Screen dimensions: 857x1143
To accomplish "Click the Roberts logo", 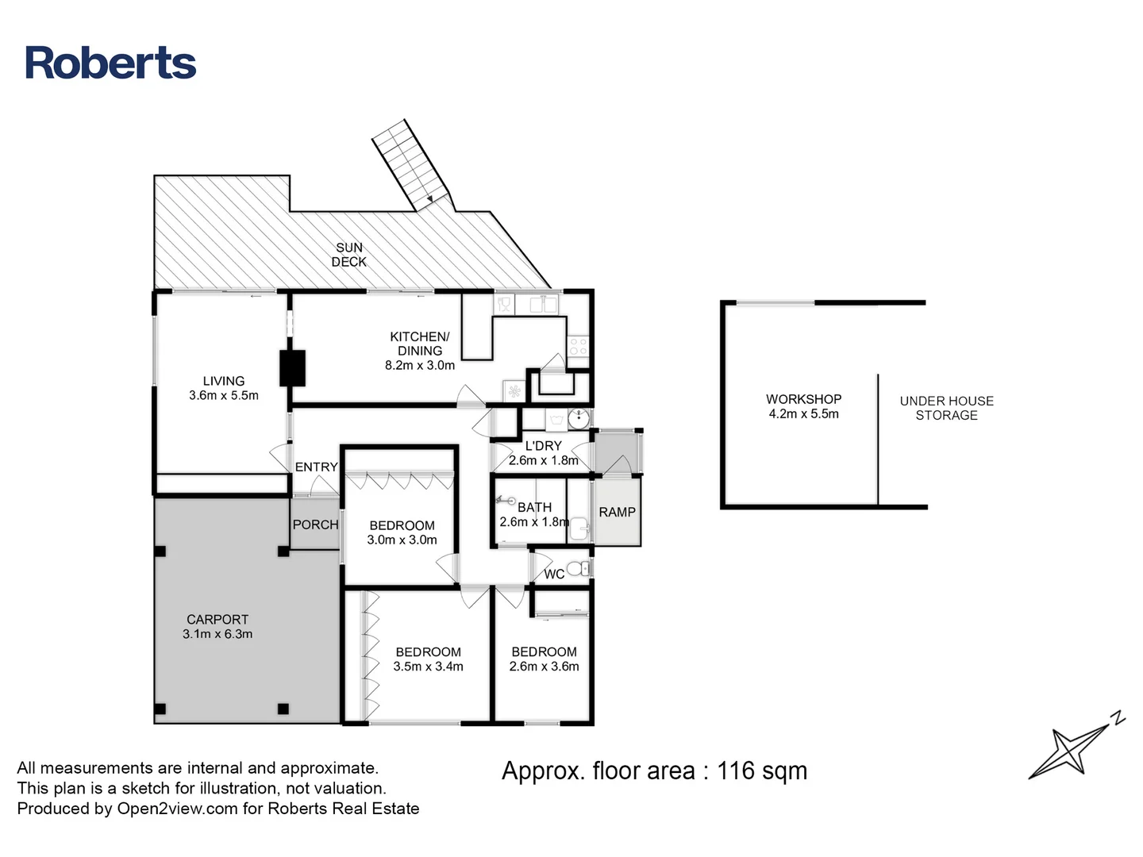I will tap(110, 63).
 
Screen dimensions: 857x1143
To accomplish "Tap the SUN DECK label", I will tap(348, 255).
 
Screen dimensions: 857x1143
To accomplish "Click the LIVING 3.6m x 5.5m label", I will tap(223, 388).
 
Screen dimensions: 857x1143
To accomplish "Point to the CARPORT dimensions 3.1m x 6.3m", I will tap(217, 634).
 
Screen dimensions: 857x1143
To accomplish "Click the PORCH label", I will tap(315, 525).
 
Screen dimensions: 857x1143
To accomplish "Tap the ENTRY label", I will tap(316, 467).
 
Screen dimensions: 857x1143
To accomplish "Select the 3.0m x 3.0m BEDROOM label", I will tap(402, 532).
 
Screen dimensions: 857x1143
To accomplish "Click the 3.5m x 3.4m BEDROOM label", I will tap(428, 659).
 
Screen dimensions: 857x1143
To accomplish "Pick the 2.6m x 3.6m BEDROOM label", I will tap(544, 659).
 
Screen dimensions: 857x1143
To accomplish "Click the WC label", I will tap(554, 574).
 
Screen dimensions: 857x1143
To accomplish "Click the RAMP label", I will tap(617, 513).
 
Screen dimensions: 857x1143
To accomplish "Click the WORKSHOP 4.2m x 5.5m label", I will tap(803, 406).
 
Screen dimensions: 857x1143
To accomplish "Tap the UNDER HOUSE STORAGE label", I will tap(946, 408).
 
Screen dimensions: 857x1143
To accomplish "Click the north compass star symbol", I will tap(1068, 751).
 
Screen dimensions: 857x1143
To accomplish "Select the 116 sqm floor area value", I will tap(761, 771).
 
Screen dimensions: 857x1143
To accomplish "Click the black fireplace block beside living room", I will tap(292, 367).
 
